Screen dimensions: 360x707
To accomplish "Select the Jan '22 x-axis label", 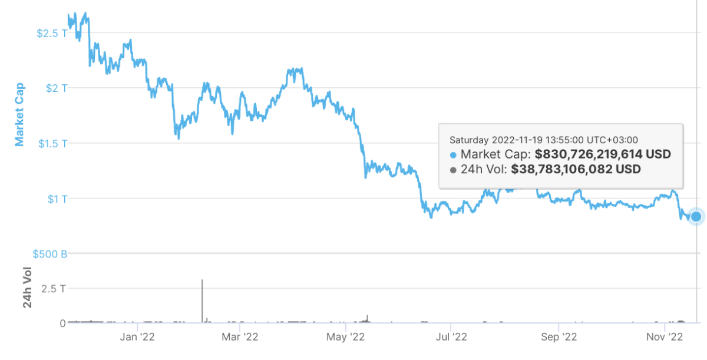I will [137, 337].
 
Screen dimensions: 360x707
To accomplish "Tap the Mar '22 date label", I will [241, 337].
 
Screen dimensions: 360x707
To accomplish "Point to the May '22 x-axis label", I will [345, 337].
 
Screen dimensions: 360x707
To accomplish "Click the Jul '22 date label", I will [451, 337].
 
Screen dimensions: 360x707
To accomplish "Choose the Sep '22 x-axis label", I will [559, 337].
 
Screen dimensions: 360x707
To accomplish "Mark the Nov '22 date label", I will [665, 337].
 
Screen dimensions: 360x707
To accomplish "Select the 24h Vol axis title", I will [27, 288].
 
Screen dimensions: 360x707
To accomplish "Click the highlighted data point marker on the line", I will [696, 216].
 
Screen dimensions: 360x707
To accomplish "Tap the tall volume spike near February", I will [202, 300].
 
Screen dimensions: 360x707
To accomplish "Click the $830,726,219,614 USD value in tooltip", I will [603, 155].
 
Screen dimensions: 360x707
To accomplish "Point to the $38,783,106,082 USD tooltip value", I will [576, 170].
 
